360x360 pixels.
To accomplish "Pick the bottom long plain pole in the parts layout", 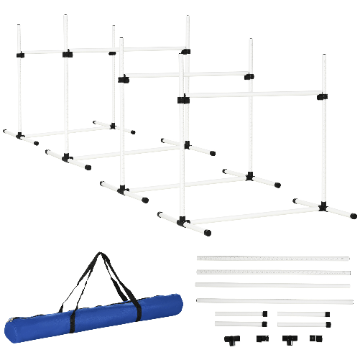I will tap(272, 300).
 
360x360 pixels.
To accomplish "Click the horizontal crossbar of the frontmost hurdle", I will tap(251, 95).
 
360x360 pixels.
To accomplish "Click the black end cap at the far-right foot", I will tap(353, 216).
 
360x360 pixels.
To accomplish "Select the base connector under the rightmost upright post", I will tap(323, 207).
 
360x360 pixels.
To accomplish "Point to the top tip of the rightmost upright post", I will tap(323, 55).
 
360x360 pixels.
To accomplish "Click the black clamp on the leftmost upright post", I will tap(19, 54).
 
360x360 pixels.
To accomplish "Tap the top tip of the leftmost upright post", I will tap(19, 26).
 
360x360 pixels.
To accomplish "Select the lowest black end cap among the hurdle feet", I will tap(207, 233).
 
